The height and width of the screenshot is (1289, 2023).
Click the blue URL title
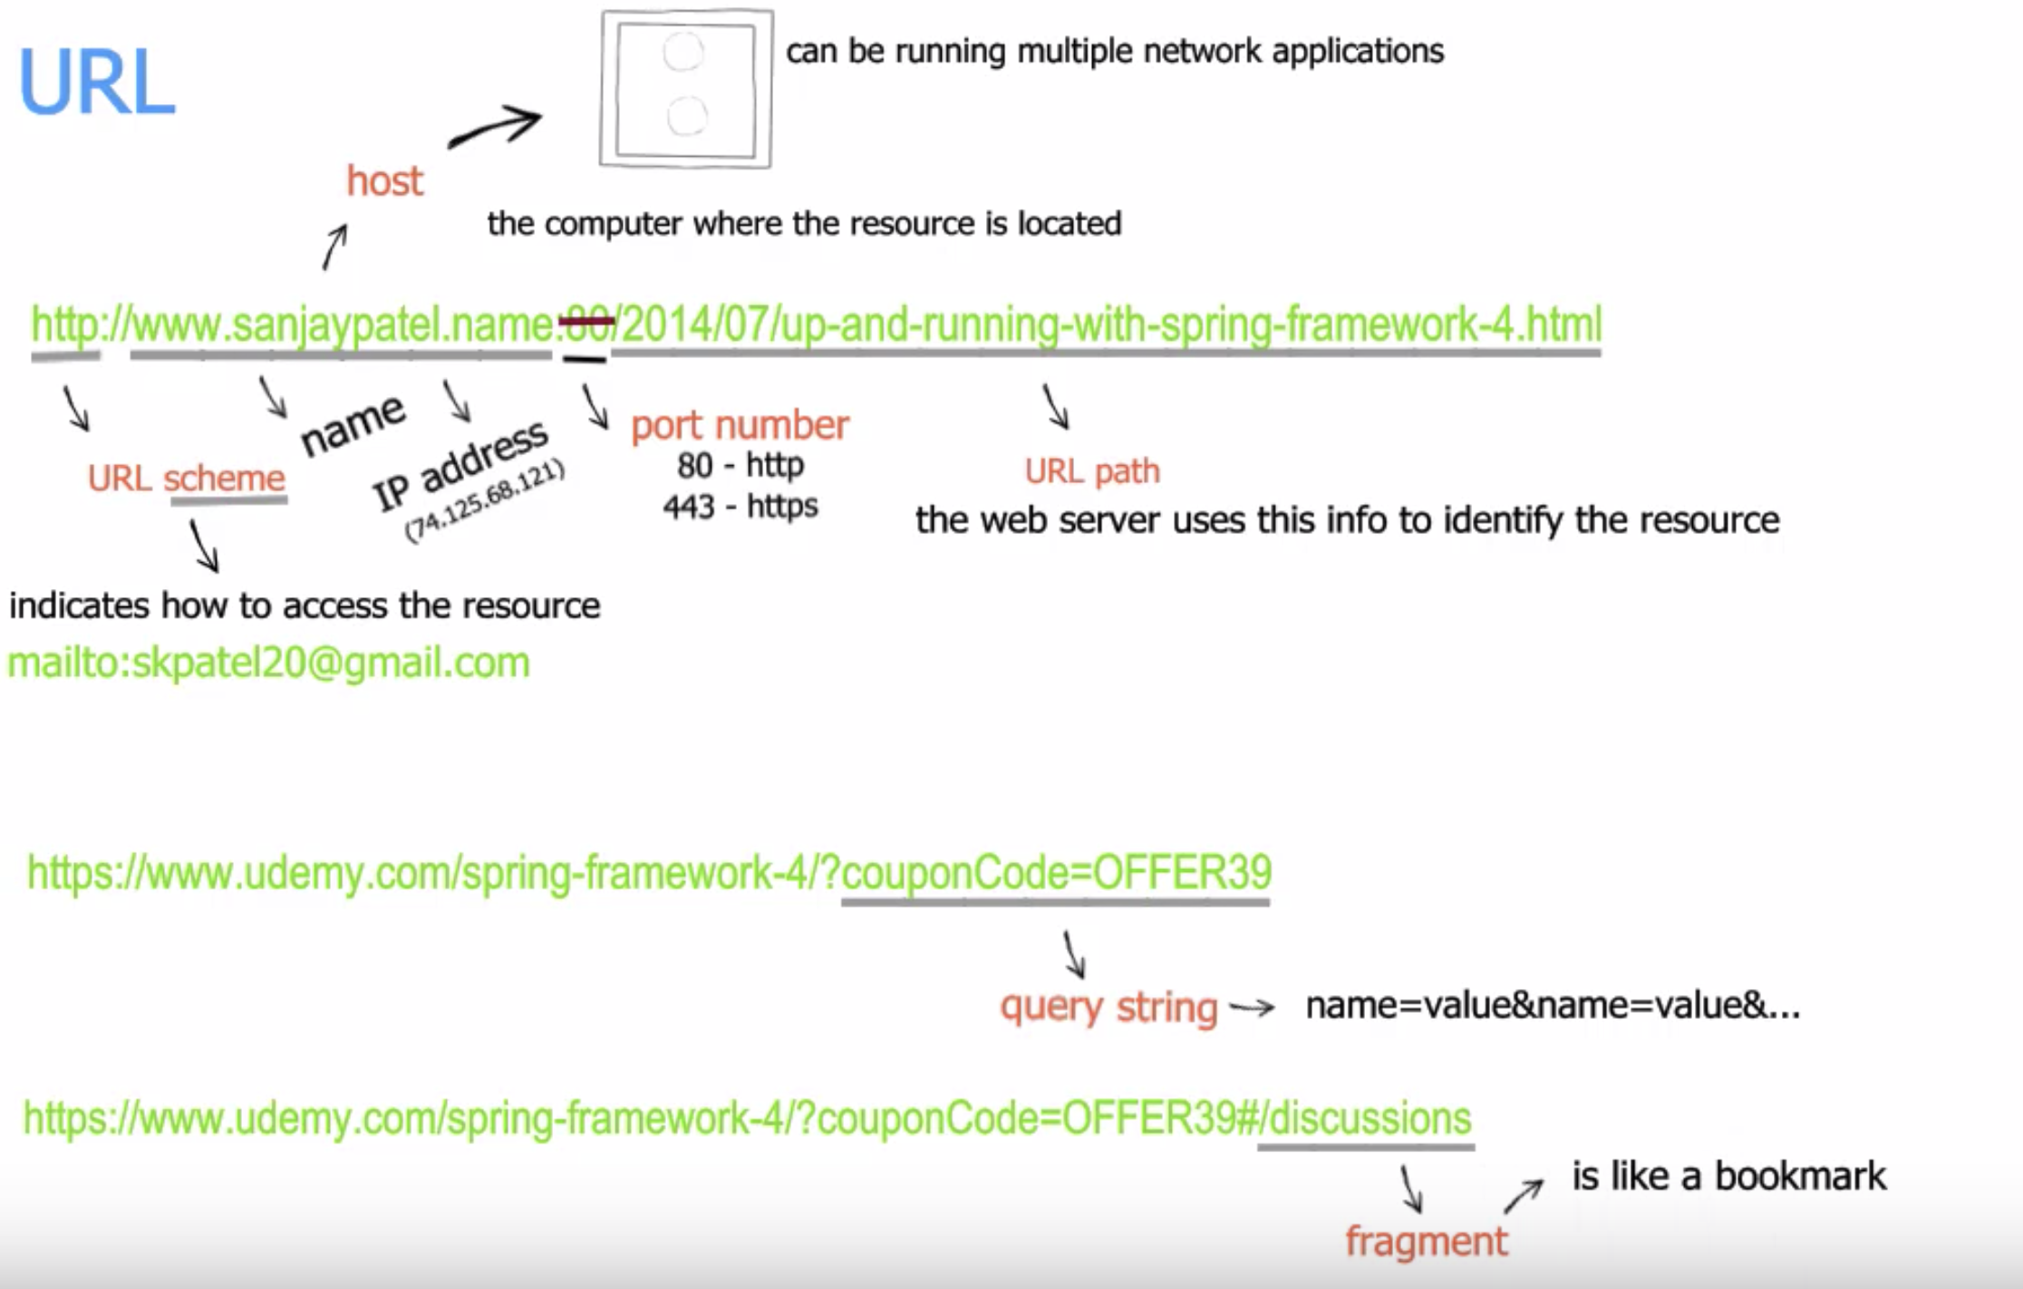[96, 83]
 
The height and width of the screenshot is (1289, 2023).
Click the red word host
[384, 181]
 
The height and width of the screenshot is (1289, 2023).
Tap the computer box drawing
[685, 89]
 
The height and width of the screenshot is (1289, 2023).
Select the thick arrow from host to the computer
[496, 128]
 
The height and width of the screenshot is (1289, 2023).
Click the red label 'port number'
[740, 425]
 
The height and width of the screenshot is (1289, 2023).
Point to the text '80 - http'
[740, 465]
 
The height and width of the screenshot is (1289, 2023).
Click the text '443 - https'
[740, 506]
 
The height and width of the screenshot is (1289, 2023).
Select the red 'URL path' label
[1091, 471]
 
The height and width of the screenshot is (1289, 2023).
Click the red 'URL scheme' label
[186, 478]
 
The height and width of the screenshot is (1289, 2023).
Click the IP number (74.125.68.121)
[485, 502]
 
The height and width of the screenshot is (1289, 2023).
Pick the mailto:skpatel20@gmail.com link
[268, 663]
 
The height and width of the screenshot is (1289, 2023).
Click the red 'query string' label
[1108, 1007]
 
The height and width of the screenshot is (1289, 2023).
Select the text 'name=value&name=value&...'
[1552, 1005]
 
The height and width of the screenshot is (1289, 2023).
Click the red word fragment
[1426, 1241]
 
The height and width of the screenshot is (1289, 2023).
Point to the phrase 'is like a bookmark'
[1728, 1176]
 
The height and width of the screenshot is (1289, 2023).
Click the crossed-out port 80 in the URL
[586, 324]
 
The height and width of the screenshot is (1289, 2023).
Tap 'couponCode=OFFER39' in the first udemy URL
[1056, 872]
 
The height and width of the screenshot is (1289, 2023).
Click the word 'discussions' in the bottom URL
[1369, 1118]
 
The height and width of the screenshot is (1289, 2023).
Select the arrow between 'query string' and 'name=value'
[1252, 1007]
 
